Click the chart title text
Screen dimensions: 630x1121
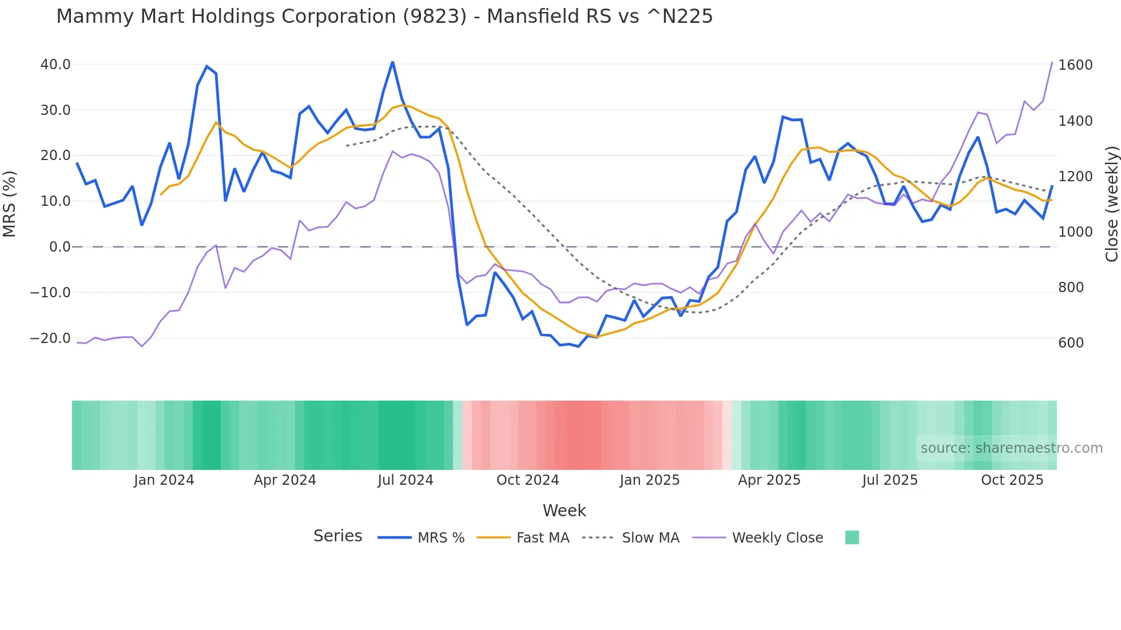pyautogui.click(x=384, y=17)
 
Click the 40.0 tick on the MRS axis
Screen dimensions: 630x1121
pyautogui.click(x=55, y=65)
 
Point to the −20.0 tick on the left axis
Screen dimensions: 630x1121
pyautogui.click(x=50, y=338)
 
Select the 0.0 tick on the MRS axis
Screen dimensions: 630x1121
pyautogui.click(x=59, y=247)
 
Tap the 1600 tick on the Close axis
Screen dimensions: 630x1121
pyautogui.click(x=1075, y=65)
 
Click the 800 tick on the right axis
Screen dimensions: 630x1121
pyautogui.click(x=1071, y=288)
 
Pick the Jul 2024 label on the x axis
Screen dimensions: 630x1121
pyautogui.click(x=405, y=480)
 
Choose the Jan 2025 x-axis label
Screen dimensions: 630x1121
pyautogui.click(x=649, y=480)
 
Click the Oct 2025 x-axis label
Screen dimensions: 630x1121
pyautogui.click(x=1012, y=480)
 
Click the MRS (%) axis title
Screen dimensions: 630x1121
pyautogui.click(x=10, y=204)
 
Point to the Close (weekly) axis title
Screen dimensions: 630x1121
pyautogui.click(x=1111, y=204)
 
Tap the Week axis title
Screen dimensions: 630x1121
pyautogui.click(x=564, y=511)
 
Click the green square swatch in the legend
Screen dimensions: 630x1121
pyautogui.click(x=852, y=537)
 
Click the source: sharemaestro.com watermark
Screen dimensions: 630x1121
pyautogui.click(x=1011, y=448)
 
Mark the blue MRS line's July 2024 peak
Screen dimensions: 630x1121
pyautogui.click(x=392, y=62)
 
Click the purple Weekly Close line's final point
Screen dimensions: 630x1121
pyautogui.click(x=1052, y=62)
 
